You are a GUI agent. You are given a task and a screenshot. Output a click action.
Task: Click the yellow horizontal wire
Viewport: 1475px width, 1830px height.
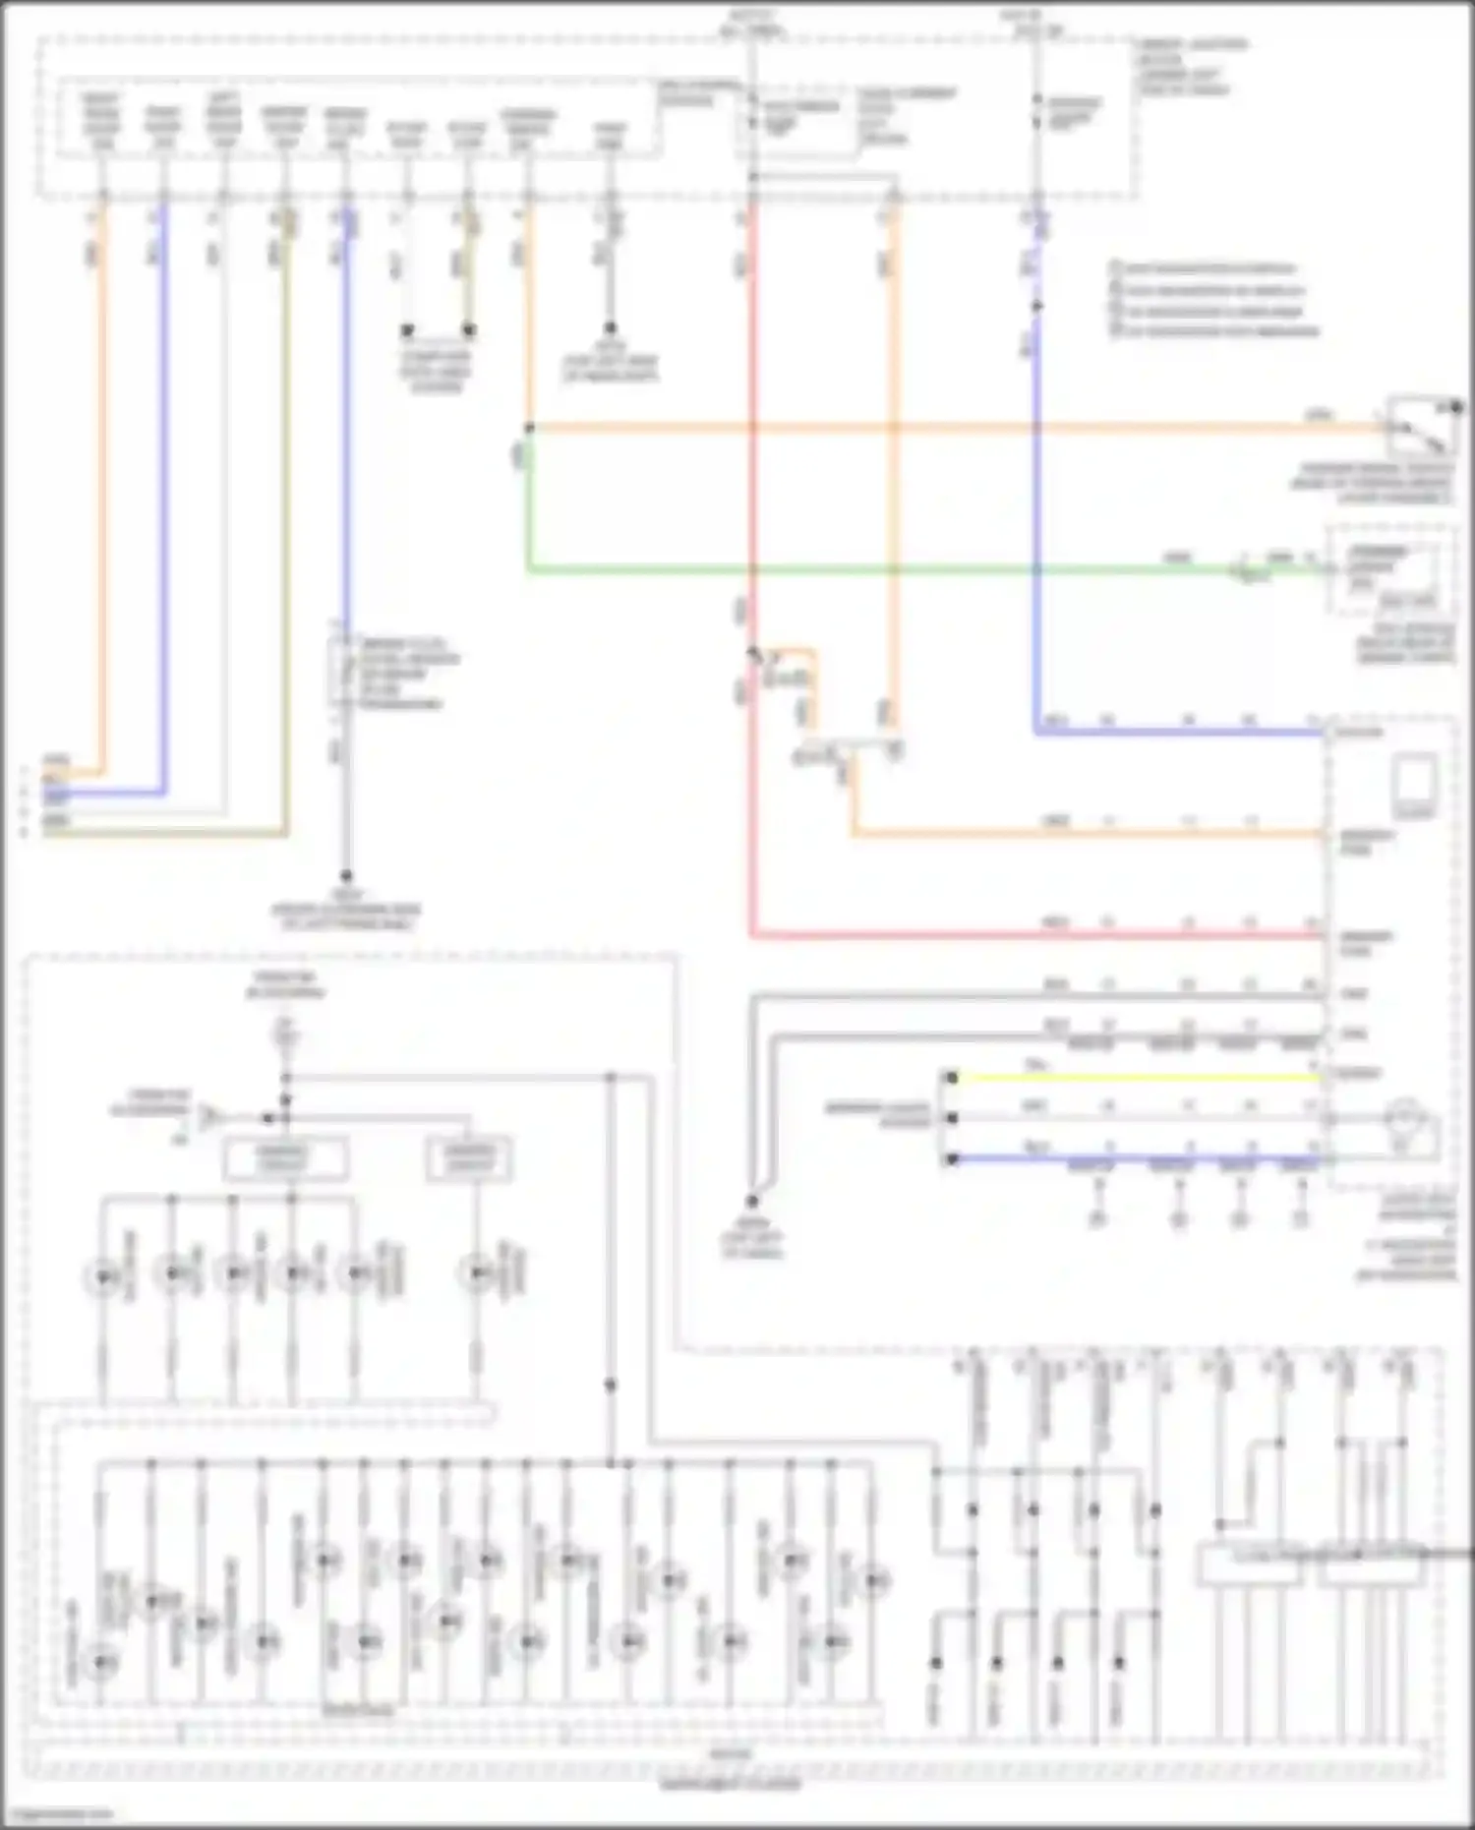(1131, 1078)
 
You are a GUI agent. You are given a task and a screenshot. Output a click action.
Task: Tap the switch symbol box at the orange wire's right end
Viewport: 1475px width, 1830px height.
(1421, 424)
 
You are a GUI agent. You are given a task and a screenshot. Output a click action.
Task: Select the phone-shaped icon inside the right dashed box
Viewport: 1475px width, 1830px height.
(1414, 784)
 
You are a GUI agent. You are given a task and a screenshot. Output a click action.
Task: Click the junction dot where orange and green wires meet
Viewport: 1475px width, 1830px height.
(529, 428)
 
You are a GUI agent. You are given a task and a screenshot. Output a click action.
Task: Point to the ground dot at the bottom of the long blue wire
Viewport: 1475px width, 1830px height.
(346, 874)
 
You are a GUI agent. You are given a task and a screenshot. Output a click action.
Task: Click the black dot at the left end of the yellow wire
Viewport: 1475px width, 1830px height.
(951, 1078)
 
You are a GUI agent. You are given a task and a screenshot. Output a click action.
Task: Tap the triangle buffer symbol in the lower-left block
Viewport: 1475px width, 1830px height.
(209, 1118)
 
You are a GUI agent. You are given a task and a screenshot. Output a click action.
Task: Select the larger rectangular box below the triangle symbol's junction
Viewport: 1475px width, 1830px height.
(285, 1158)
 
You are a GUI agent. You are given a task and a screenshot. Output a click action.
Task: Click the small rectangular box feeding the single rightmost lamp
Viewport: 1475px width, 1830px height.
(469, 1160)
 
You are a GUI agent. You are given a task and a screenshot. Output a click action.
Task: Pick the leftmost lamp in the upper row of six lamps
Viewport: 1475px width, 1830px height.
(103, 1276)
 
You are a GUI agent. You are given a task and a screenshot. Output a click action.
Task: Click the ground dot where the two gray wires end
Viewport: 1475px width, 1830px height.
(751, 1202)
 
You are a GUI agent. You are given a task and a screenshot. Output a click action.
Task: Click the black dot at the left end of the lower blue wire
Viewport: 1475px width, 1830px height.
(951, 1159)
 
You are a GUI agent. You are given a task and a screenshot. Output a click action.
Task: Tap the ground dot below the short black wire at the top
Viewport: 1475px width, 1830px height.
(610, 328)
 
